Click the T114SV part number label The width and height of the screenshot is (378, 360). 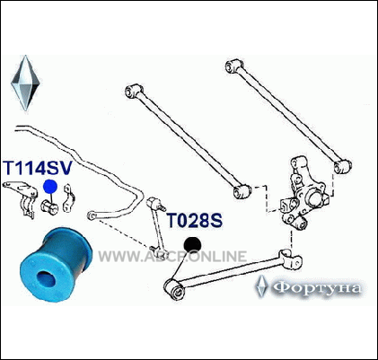[38, 168]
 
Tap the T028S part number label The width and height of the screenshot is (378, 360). [195, 221]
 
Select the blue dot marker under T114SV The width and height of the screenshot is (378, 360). [50, 187]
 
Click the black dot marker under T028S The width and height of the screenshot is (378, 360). [193, 245]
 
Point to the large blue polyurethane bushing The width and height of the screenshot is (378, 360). [56, 264]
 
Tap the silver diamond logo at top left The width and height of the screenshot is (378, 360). [25, 83]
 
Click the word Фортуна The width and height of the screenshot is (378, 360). [318, 288]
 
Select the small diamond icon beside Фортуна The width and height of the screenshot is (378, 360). [262, 286]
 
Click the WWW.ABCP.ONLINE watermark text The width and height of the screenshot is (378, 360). [172, 257]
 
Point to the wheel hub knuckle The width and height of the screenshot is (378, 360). [303, 194]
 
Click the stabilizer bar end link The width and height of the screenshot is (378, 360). [157, 225]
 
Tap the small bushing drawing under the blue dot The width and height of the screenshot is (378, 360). [49, 207]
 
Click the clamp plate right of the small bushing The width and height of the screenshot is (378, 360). [69, 198]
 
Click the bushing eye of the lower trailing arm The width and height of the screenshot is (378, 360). [174, 288]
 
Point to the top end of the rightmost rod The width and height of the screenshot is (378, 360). [234, 66]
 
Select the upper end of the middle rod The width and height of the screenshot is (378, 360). [135, 91]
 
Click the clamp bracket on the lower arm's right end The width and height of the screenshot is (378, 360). [290, 259]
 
